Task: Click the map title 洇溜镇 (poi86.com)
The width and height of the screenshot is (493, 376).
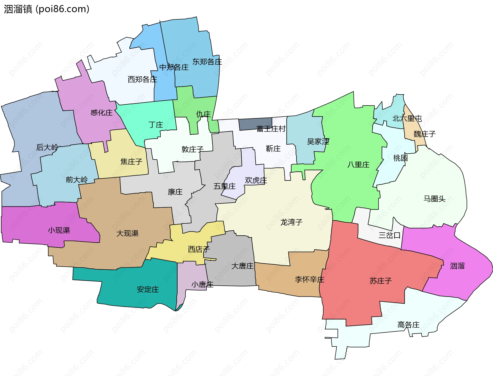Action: tap(47, 9)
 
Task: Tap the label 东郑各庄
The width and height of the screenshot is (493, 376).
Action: tap(207, 62)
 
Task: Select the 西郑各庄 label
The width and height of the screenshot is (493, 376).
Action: tap(142, 79)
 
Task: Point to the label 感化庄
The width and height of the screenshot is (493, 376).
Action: tap(101, 113)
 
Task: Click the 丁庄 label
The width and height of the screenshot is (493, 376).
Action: tap(156, 125)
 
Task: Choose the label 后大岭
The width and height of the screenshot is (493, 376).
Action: tap(47, 147)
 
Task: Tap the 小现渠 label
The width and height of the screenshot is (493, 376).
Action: tap(59, 230)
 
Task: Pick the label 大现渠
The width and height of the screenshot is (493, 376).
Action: tap(127, 233)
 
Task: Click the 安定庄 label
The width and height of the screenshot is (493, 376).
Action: tap(148, 290)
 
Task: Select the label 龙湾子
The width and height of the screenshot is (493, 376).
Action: tap(291, 222)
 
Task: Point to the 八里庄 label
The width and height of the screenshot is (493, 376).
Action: tap(358, 165)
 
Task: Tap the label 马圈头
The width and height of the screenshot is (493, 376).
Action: tap(434, 199)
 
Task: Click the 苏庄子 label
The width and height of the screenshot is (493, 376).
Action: tap(381, 281)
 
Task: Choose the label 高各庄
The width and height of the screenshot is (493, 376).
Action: tap(408, 325)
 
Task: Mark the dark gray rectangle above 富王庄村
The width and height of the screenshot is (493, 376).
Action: tap(255, 124)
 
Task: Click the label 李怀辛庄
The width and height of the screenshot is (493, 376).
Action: tap(309, 279)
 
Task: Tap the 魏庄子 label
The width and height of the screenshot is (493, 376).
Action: tap(424, 134)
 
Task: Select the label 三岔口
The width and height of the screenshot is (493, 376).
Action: tap(390, 235)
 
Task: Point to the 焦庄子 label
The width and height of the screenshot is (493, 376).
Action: tap(131, 162)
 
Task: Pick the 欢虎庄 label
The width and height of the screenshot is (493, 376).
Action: tap(256, 180)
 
